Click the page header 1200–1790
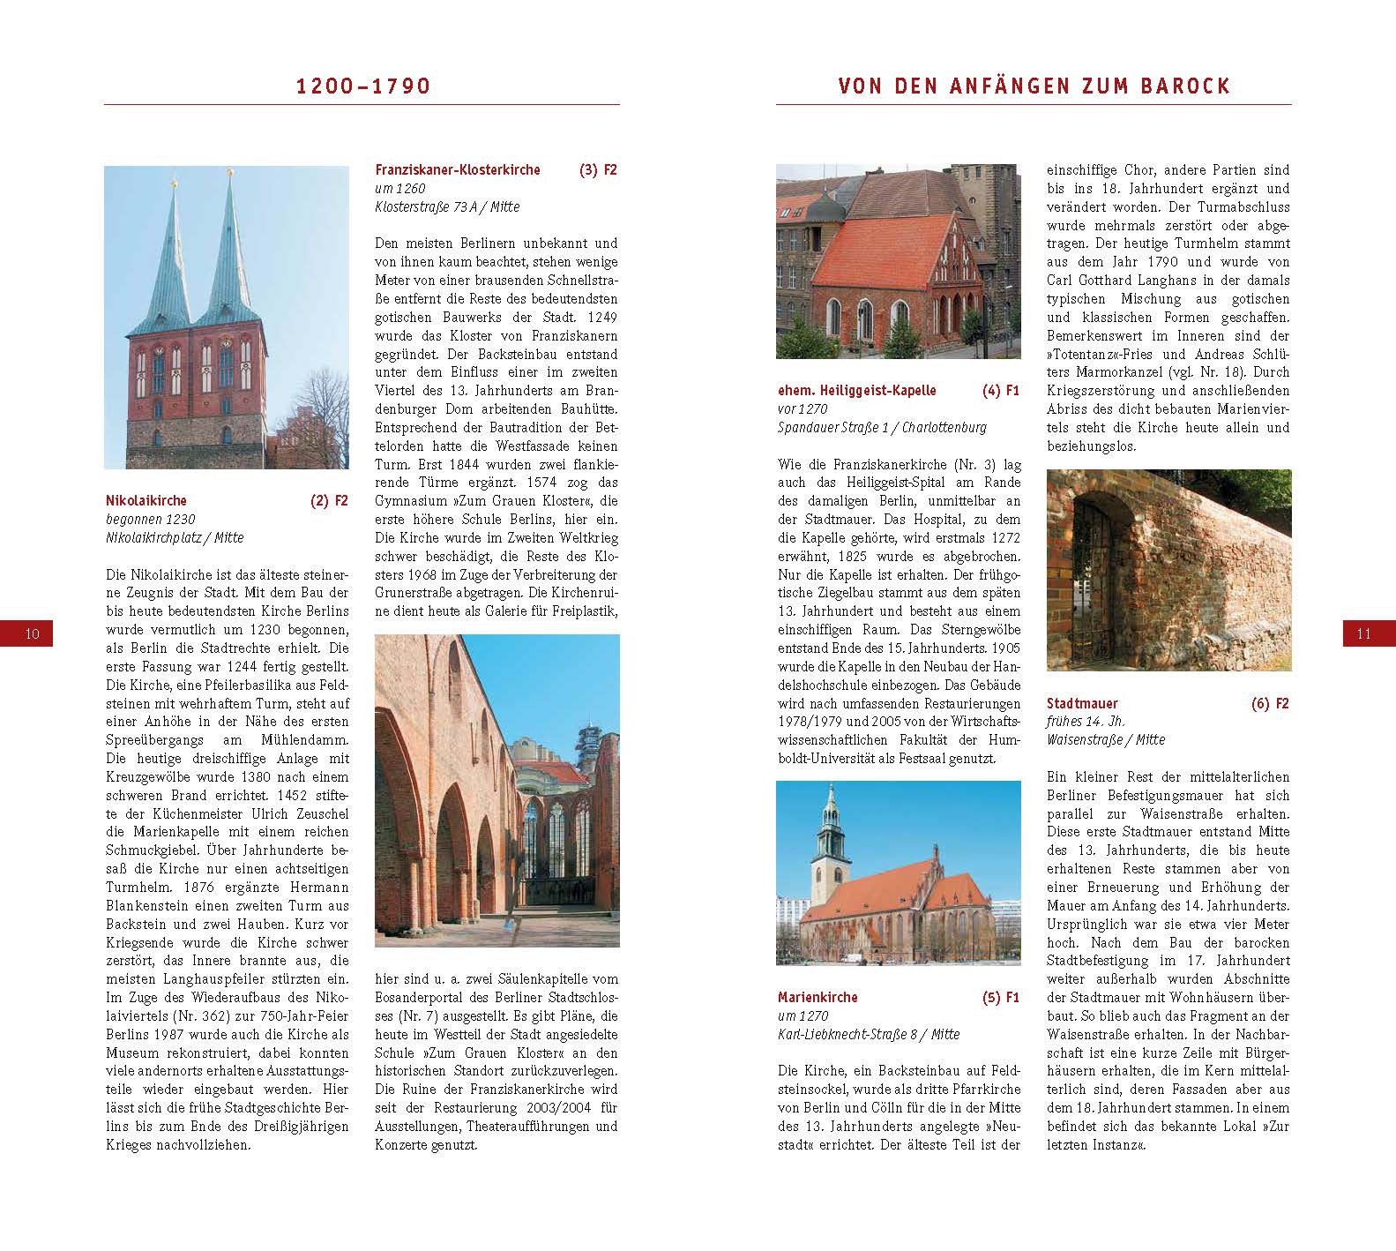(x=362, y=86)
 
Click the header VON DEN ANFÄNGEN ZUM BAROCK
(x=1034, y=86)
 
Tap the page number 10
(x=33, y=633)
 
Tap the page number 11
(x=1363, y=633)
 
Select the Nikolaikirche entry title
(x=146, y=500)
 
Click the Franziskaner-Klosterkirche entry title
(x=458, y=169)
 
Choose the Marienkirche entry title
(x=817, y=997)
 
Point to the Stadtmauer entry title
(x=1082, y=703)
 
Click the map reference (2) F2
(x=329, y=500)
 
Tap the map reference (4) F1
(x=1001, y=390)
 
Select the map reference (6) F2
(x=1270, y=703)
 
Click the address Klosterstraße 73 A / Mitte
(x=447, y=206)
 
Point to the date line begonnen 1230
(x=151, y=519)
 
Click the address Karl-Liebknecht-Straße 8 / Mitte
(x=869, y=1034)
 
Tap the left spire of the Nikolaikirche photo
(x=171, y=256)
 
